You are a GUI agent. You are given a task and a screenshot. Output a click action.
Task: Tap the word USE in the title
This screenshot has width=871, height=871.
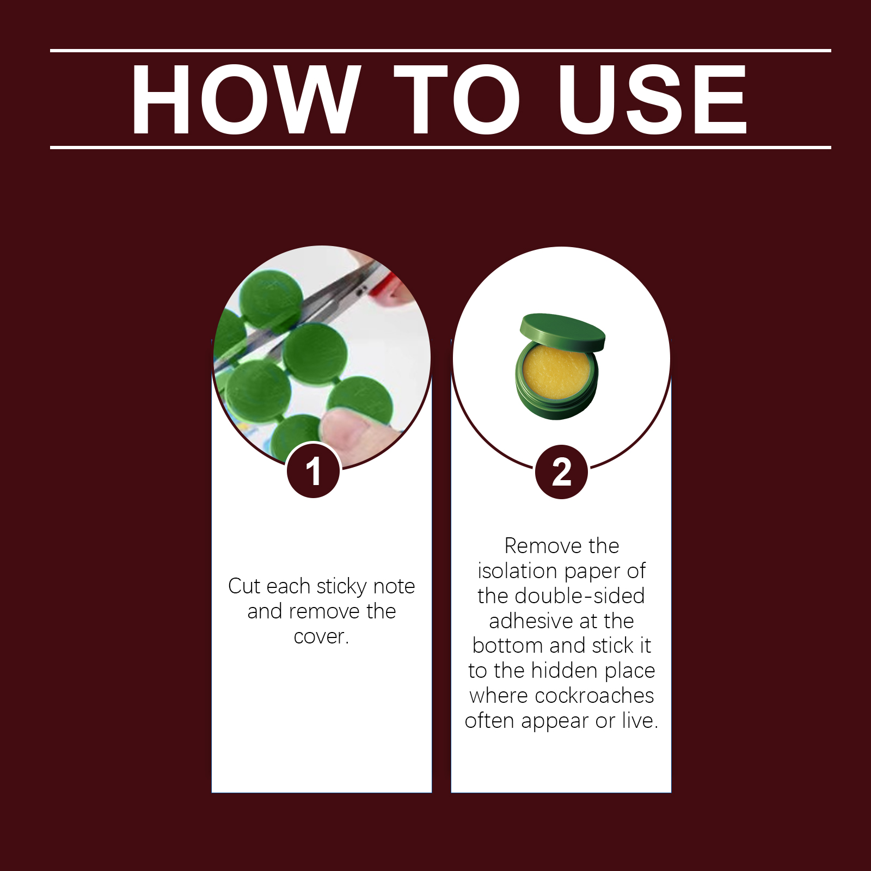click(x=653, y=99)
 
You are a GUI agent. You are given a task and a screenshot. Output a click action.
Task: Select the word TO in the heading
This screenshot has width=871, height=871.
click(x=457, y=99)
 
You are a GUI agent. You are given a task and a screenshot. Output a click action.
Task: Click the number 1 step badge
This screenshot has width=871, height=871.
click(x=314, y=471)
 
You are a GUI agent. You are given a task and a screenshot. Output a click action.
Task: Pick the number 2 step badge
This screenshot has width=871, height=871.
click(x=562, y=471)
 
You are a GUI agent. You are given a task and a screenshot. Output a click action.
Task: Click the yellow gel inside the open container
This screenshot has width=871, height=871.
click(x=556, y=372)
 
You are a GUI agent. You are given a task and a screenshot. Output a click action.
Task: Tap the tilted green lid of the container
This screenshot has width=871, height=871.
click(x=562, y=332)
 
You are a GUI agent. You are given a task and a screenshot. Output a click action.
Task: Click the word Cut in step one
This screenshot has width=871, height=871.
click(x=245, y=586)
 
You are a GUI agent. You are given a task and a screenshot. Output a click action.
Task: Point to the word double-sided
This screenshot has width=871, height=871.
click(x=579, y=596)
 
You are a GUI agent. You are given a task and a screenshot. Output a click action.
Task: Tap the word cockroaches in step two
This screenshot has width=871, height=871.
click(x=594, y=695)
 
